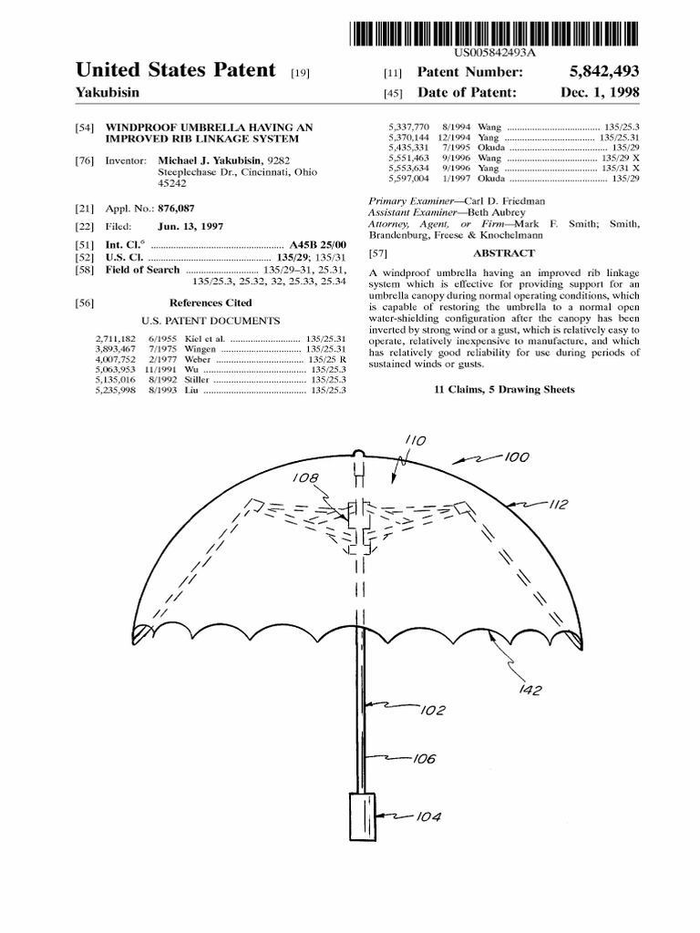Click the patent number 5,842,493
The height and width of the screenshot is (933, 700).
(599, 71)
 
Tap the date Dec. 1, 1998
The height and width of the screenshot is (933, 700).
(599, 93)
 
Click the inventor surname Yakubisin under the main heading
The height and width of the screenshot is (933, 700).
(112, 93)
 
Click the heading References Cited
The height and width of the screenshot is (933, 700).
(211, 302)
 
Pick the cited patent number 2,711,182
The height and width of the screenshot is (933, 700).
(115, 339)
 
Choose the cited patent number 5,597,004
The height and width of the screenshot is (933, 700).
(407, 179)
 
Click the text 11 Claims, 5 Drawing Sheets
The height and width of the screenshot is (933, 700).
(504, 389)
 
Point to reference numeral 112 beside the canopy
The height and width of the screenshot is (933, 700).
(558, 505)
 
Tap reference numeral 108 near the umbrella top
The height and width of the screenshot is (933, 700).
(305, 477)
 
